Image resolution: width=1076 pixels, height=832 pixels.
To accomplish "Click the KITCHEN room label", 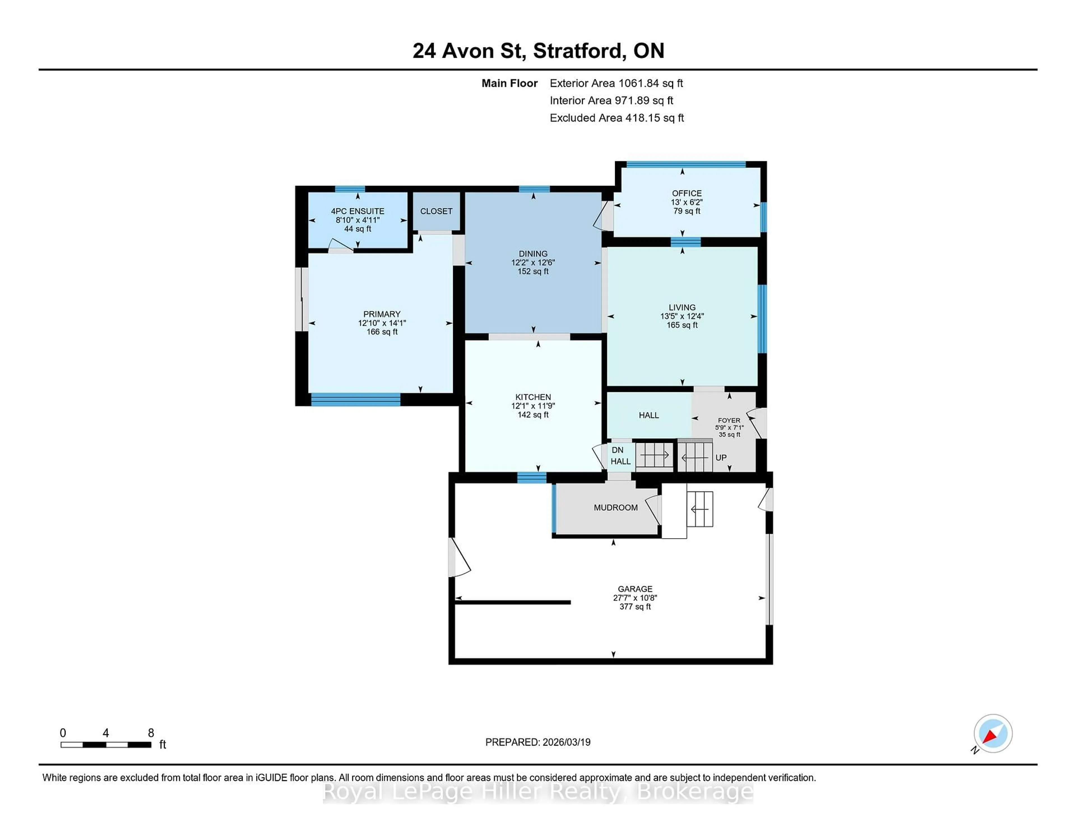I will point(533,397).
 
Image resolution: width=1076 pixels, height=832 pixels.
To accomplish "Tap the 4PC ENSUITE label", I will point(357,211).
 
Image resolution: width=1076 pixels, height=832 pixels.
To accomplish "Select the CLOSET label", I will point(436,211).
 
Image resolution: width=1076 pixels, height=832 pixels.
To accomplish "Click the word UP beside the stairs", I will point(721,457).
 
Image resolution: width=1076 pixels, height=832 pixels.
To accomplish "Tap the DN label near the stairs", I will point(617,450).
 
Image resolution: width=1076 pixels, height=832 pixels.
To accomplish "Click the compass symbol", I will point(993,733).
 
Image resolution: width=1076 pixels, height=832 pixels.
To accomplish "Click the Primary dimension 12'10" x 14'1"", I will point(382,323).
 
